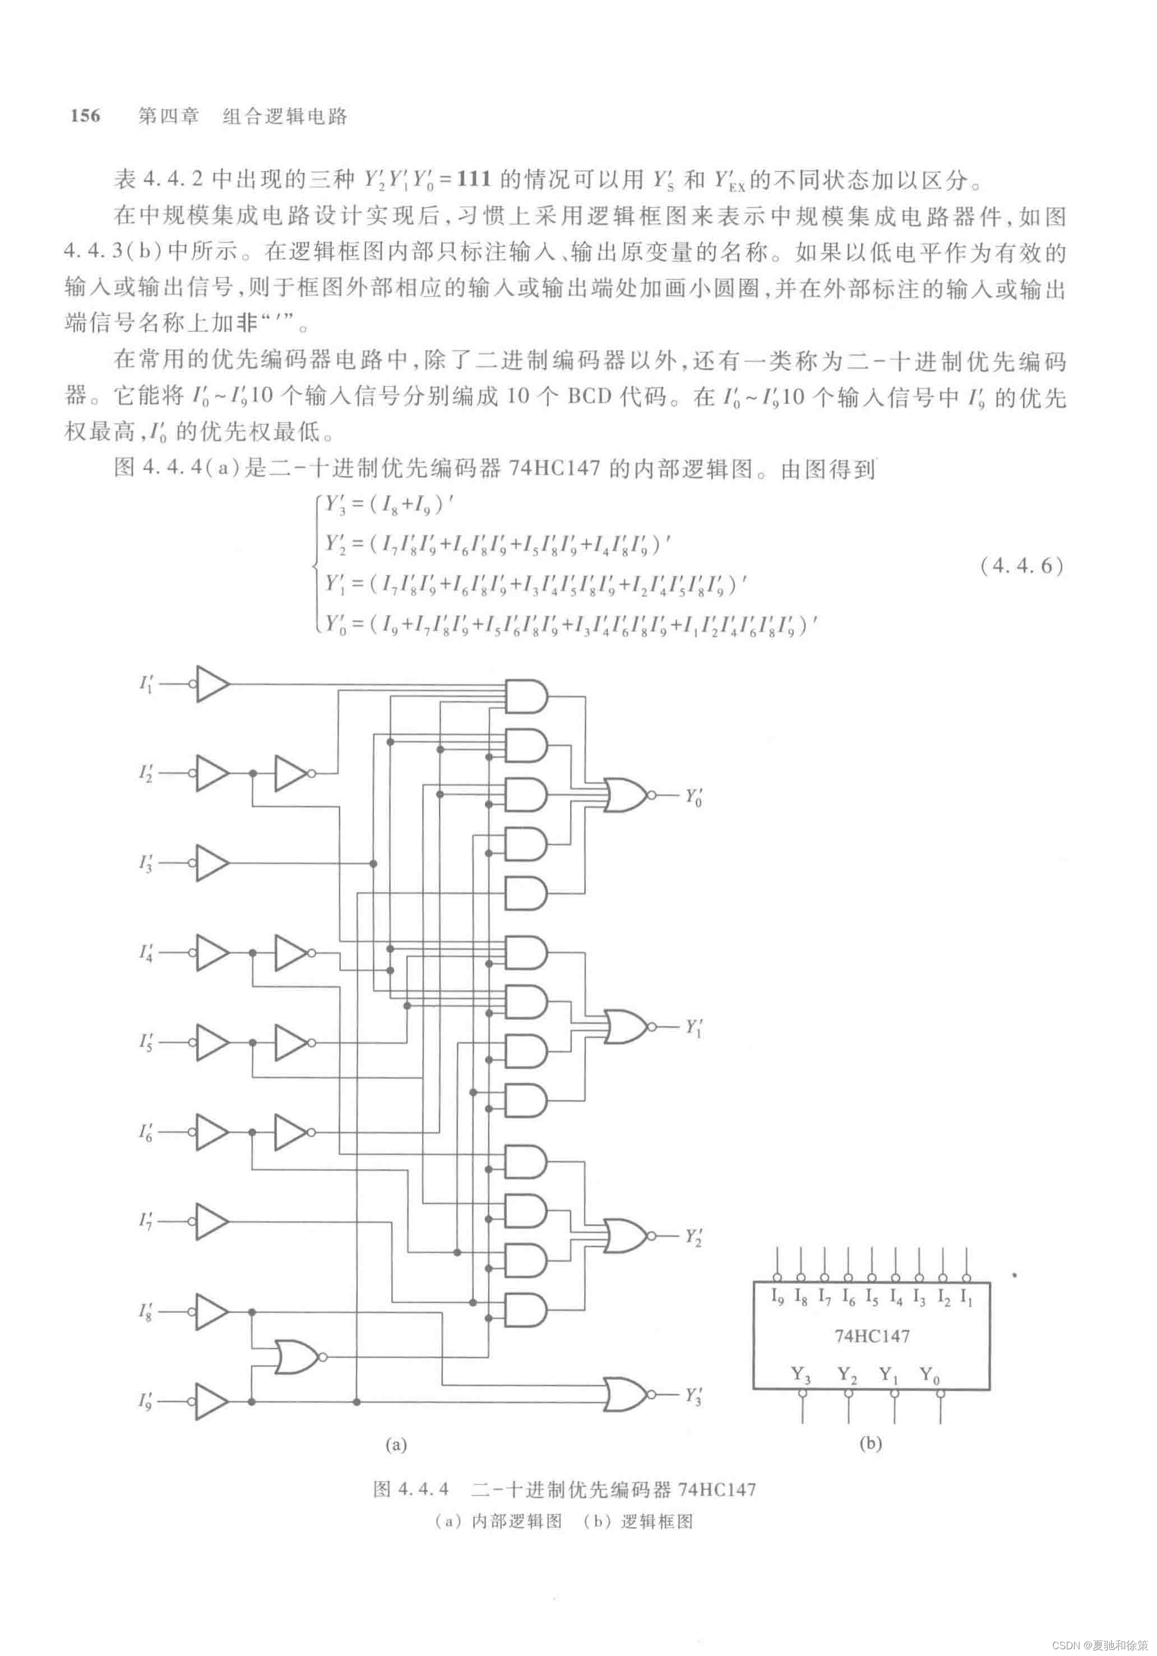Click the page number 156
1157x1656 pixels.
85,116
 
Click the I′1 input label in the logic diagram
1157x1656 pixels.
146,684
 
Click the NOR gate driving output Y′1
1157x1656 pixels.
626,1027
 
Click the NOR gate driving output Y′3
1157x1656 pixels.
626,1394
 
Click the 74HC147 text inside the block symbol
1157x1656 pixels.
872,1336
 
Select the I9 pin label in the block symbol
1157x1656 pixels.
777,1297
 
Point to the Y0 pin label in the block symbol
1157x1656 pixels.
930,1374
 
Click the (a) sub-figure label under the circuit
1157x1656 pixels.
396,1444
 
